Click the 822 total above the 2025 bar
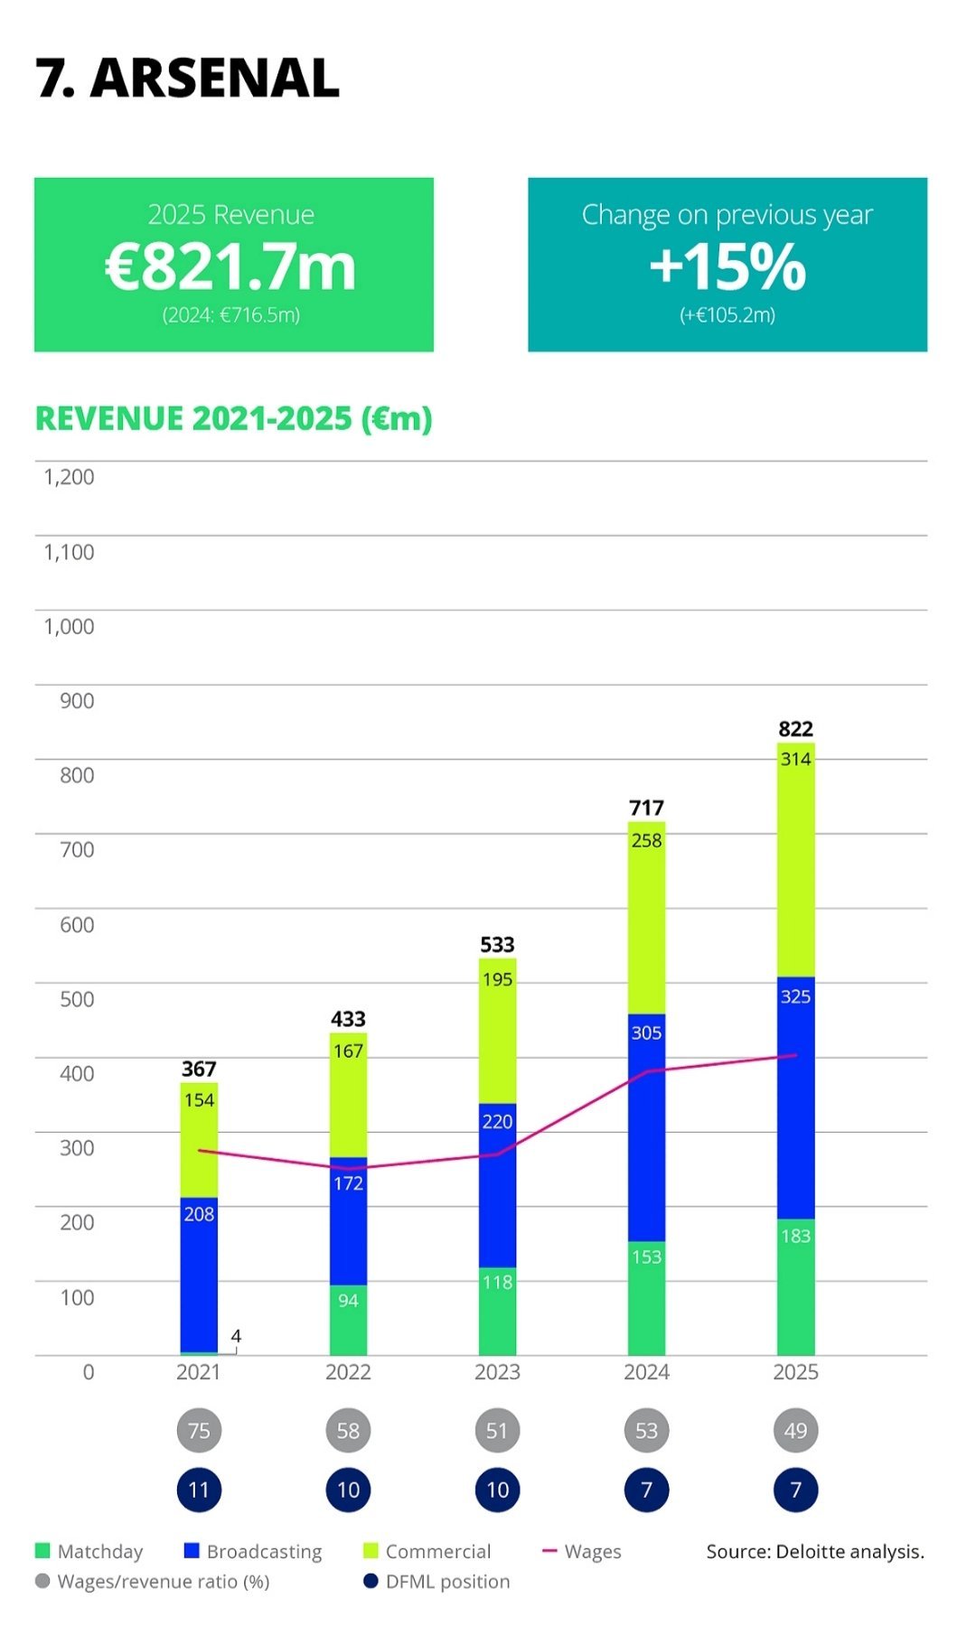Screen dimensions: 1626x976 point(795,729)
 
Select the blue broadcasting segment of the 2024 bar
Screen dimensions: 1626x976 point(646,1129)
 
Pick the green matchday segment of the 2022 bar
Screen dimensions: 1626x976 point(348,1319)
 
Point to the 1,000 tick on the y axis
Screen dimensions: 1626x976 point(69,626)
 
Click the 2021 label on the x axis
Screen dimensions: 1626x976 point(198,1372)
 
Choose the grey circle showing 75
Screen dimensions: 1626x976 point(199,1431)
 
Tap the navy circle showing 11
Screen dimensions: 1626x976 point(199,1490)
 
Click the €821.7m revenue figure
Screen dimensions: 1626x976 point(231,267)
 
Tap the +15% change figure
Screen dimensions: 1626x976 point(727,267)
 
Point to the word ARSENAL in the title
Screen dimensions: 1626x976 point(215,79)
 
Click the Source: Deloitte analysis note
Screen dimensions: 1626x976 point(815,1551)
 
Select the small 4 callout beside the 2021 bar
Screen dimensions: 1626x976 point(236,1336)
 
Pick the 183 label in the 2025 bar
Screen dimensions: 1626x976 point(795,1236)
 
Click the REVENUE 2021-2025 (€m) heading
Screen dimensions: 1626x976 point(234,419)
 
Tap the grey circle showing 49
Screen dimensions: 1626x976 point(795,1431)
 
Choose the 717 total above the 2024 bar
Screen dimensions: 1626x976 point(646,808)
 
